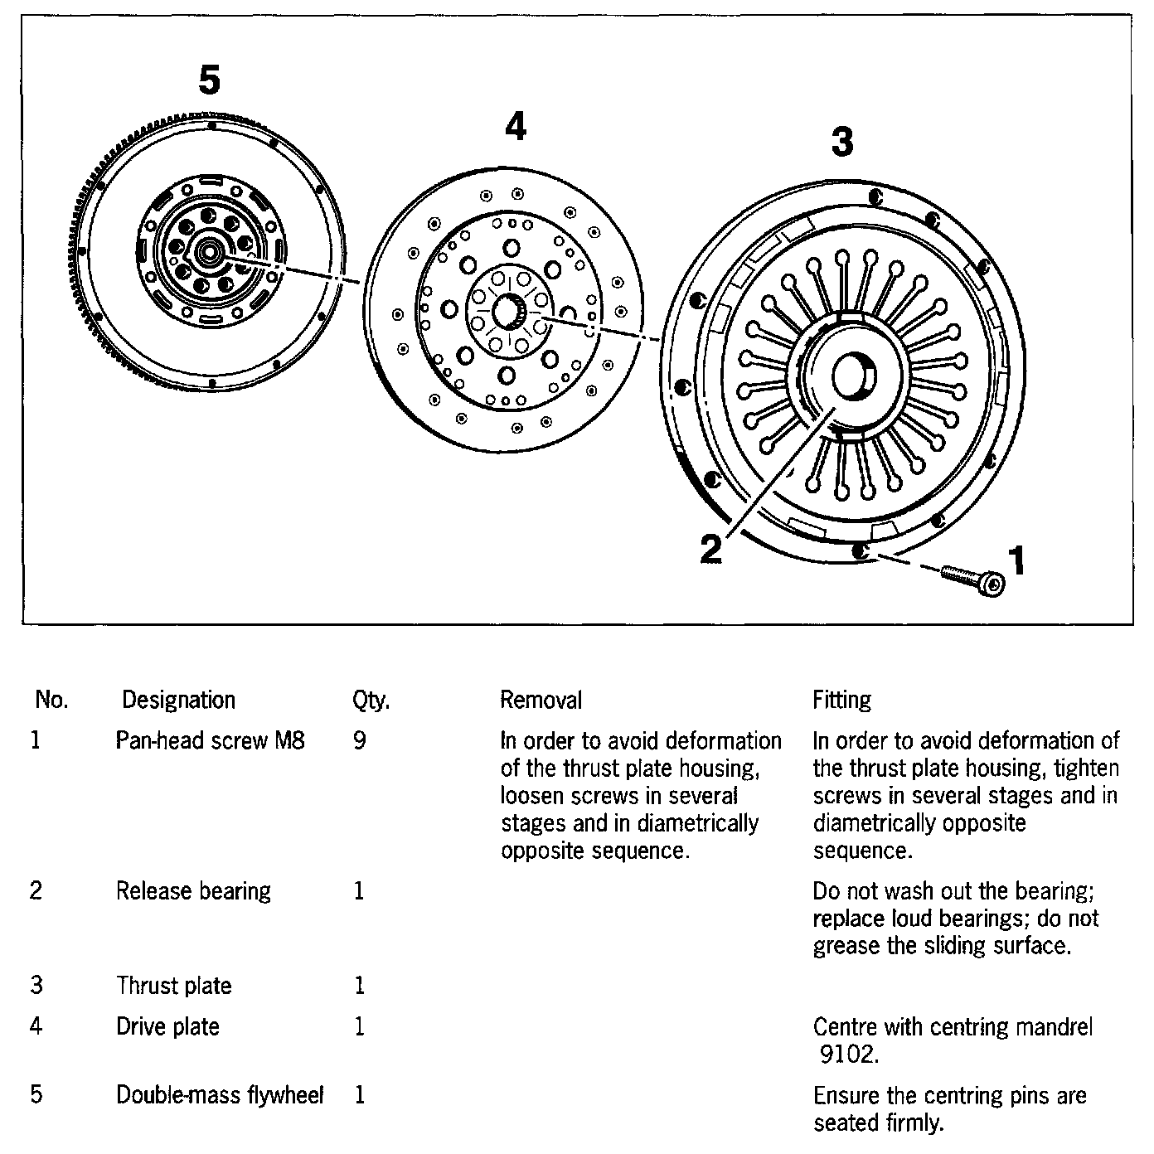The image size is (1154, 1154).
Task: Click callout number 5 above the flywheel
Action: click(x=210, y=80)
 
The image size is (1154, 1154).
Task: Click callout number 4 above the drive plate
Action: click(x=516, y=128)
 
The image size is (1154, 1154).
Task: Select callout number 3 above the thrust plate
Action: click(x=841, y=143)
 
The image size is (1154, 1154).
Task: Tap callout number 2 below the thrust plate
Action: click(x=710, y=550)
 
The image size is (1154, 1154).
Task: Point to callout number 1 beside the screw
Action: click(x=1016, y=561)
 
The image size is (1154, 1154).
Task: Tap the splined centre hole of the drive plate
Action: click(x=508, y=311)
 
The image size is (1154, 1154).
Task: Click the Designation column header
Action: click(x=178, y=701)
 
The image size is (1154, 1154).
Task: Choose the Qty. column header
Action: click(x=371, y=701)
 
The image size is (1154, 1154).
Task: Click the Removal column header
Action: click(x=541, y=701)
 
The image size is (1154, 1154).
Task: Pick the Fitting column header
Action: click(x=841, y=701)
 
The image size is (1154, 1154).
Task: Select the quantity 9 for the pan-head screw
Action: click(x=359, y=740)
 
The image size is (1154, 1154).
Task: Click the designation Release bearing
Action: click(x=193, y=891)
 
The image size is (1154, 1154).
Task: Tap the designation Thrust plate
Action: click(x=173, y=986)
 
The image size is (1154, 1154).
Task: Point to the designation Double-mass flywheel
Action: click(x=220, y=1095)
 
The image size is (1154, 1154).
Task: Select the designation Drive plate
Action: click(x=167, y=1027)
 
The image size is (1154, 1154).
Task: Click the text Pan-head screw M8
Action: click(x=210, y=740)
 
